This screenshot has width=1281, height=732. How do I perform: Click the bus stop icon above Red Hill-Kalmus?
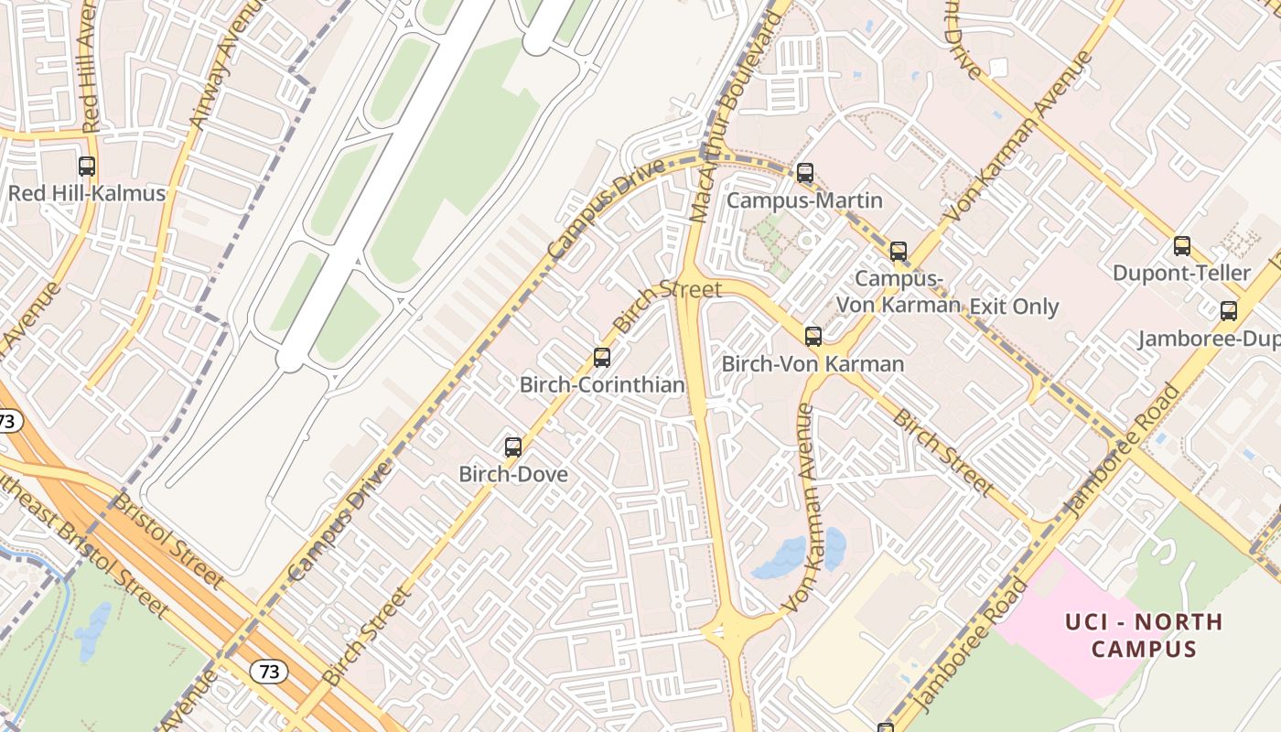tap(87, 167)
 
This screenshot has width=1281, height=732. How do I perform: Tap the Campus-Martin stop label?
tap(804, 200)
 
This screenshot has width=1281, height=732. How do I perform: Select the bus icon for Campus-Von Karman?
tap(899, 252)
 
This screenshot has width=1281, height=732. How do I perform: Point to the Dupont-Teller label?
tap(1181, 273)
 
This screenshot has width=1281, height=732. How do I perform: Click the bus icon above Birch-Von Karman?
tap(813, 337)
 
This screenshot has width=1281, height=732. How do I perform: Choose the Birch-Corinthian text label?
tap(602, 384)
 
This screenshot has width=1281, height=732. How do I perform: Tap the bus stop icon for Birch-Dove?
tap(513, 447)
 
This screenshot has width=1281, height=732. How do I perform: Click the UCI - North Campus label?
tap(1144, 635)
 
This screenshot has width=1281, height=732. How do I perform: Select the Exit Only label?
tap(1014, 307)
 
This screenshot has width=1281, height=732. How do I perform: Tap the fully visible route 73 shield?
tap(268, 672)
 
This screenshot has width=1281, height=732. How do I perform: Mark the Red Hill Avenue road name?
tap(89, 69)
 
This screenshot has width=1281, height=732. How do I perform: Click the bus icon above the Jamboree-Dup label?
tap(1228, 311)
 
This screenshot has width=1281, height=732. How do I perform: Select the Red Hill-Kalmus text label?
tap(87, 193)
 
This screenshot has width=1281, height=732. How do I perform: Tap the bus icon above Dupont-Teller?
tap(1182, 246)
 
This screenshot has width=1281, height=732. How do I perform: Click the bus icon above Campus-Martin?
tap(804, 173)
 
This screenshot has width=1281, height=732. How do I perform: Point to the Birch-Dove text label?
tap(513, 474)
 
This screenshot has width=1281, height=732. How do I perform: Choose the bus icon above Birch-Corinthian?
tap(602, 358)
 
